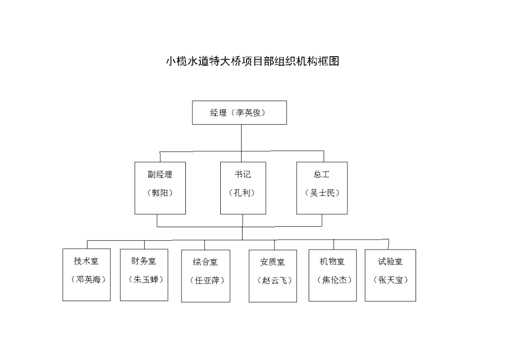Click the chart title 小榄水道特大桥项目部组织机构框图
[x=253, y=61]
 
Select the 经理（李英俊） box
[x=239, y=113]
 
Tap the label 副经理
[x=160, y=175]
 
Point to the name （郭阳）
[x=160, y=193]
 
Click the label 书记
[x=243, y=175]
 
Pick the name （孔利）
[x=242, y=193]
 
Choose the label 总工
[x=322, y=175]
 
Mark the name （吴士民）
[x=322, y=193]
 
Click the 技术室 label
[x=86, y=261]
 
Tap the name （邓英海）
[x=88, y=279]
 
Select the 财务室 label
[x=144, y=261]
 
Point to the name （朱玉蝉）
[x=146, y=279]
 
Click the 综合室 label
[x=205, y=262]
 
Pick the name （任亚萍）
[x=207, y=280]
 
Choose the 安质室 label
[x=272, y=262]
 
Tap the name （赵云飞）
[x=274, y=280]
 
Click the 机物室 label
[x=332, y=262]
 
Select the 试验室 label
[x=390, y=262]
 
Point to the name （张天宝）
[x=391, y=280]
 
